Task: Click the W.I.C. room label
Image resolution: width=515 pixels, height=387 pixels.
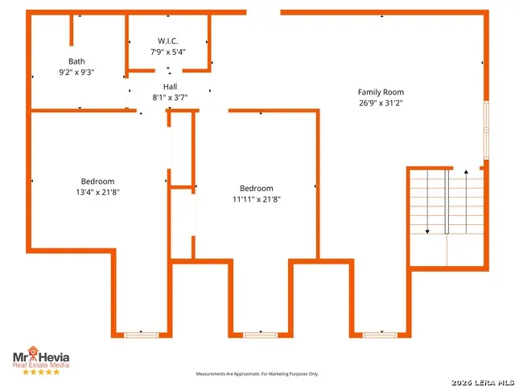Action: tap(168, 41)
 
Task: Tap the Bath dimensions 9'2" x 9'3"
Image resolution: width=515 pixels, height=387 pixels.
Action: tap(76, 72)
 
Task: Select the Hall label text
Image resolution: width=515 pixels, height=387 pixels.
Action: tap(170, 86)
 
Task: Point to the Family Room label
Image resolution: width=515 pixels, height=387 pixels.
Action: tap(381, 92)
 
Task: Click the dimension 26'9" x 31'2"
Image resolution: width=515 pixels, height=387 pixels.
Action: tap(381, 103)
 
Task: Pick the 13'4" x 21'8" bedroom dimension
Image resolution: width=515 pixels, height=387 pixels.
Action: tap(97, 192)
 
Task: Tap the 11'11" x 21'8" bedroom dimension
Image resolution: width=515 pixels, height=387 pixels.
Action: tap(257, 199)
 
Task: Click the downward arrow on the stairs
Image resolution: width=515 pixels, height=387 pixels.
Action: tap(427, 202)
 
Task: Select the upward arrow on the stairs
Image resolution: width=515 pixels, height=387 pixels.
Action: tap(466, 202)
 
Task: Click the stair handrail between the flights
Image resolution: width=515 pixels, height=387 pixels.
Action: tap(447, 202)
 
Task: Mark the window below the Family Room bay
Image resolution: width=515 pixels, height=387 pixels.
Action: tap(380, 335)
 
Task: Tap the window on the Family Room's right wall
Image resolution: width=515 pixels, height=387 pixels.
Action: tap(486, 131)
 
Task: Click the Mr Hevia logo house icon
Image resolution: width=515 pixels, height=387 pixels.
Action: tap(33, 352)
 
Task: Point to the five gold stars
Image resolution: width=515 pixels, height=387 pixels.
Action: tap(41, 372)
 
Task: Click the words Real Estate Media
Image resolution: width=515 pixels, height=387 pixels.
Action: tap(41, 365)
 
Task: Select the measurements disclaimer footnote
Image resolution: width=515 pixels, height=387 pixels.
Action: tap(257, 374)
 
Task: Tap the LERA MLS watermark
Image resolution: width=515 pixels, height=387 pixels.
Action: tap(483, 383)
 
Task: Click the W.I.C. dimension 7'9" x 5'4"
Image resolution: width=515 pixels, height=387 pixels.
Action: tap(168, 52)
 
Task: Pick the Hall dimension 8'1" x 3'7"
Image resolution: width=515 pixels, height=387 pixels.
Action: tap(170, 98)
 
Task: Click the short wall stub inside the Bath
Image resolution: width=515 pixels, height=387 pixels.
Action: tap(72, 31)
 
